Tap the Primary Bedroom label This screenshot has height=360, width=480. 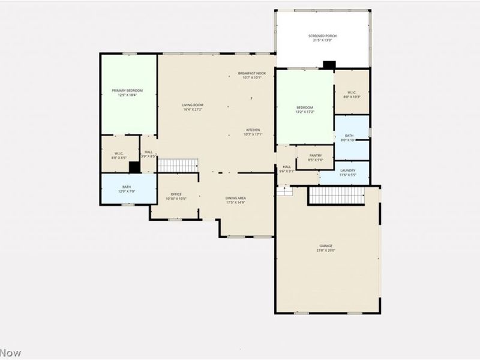click(127, 92)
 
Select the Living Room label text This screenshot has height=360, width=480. click(193, 107)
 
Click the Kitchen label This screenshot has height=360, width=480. click(253, 132)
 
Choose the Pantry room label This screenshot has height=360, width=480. click(316, 157)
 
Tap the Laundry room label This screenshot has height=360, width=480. click(331, 172)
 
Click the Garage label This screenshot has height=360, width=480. click(326, 248)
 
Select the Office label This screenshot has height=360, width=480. click(176, 196)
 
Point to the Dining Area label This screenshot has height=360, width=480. click(235, 200)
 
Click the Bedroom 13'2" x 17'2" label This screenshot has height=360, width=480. click(305, 110)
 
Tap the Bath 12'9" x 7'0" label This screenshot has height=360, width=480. click(127, 189)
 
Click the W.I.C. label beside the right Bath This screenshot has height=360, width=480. click(352, 94)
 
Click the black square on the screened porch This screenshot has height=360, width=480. click(329, 65)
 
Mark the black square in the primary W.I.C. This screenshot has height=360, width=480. click(134, 167)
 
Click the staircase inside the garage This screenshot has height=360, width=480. click(337, 196)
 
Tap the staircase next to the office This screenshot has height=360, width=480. click(178, 165)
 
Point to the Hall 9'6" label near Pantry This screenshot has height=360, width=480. click(287, 169)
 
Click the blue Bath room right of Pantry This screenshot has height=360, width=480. click(352, 137)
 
